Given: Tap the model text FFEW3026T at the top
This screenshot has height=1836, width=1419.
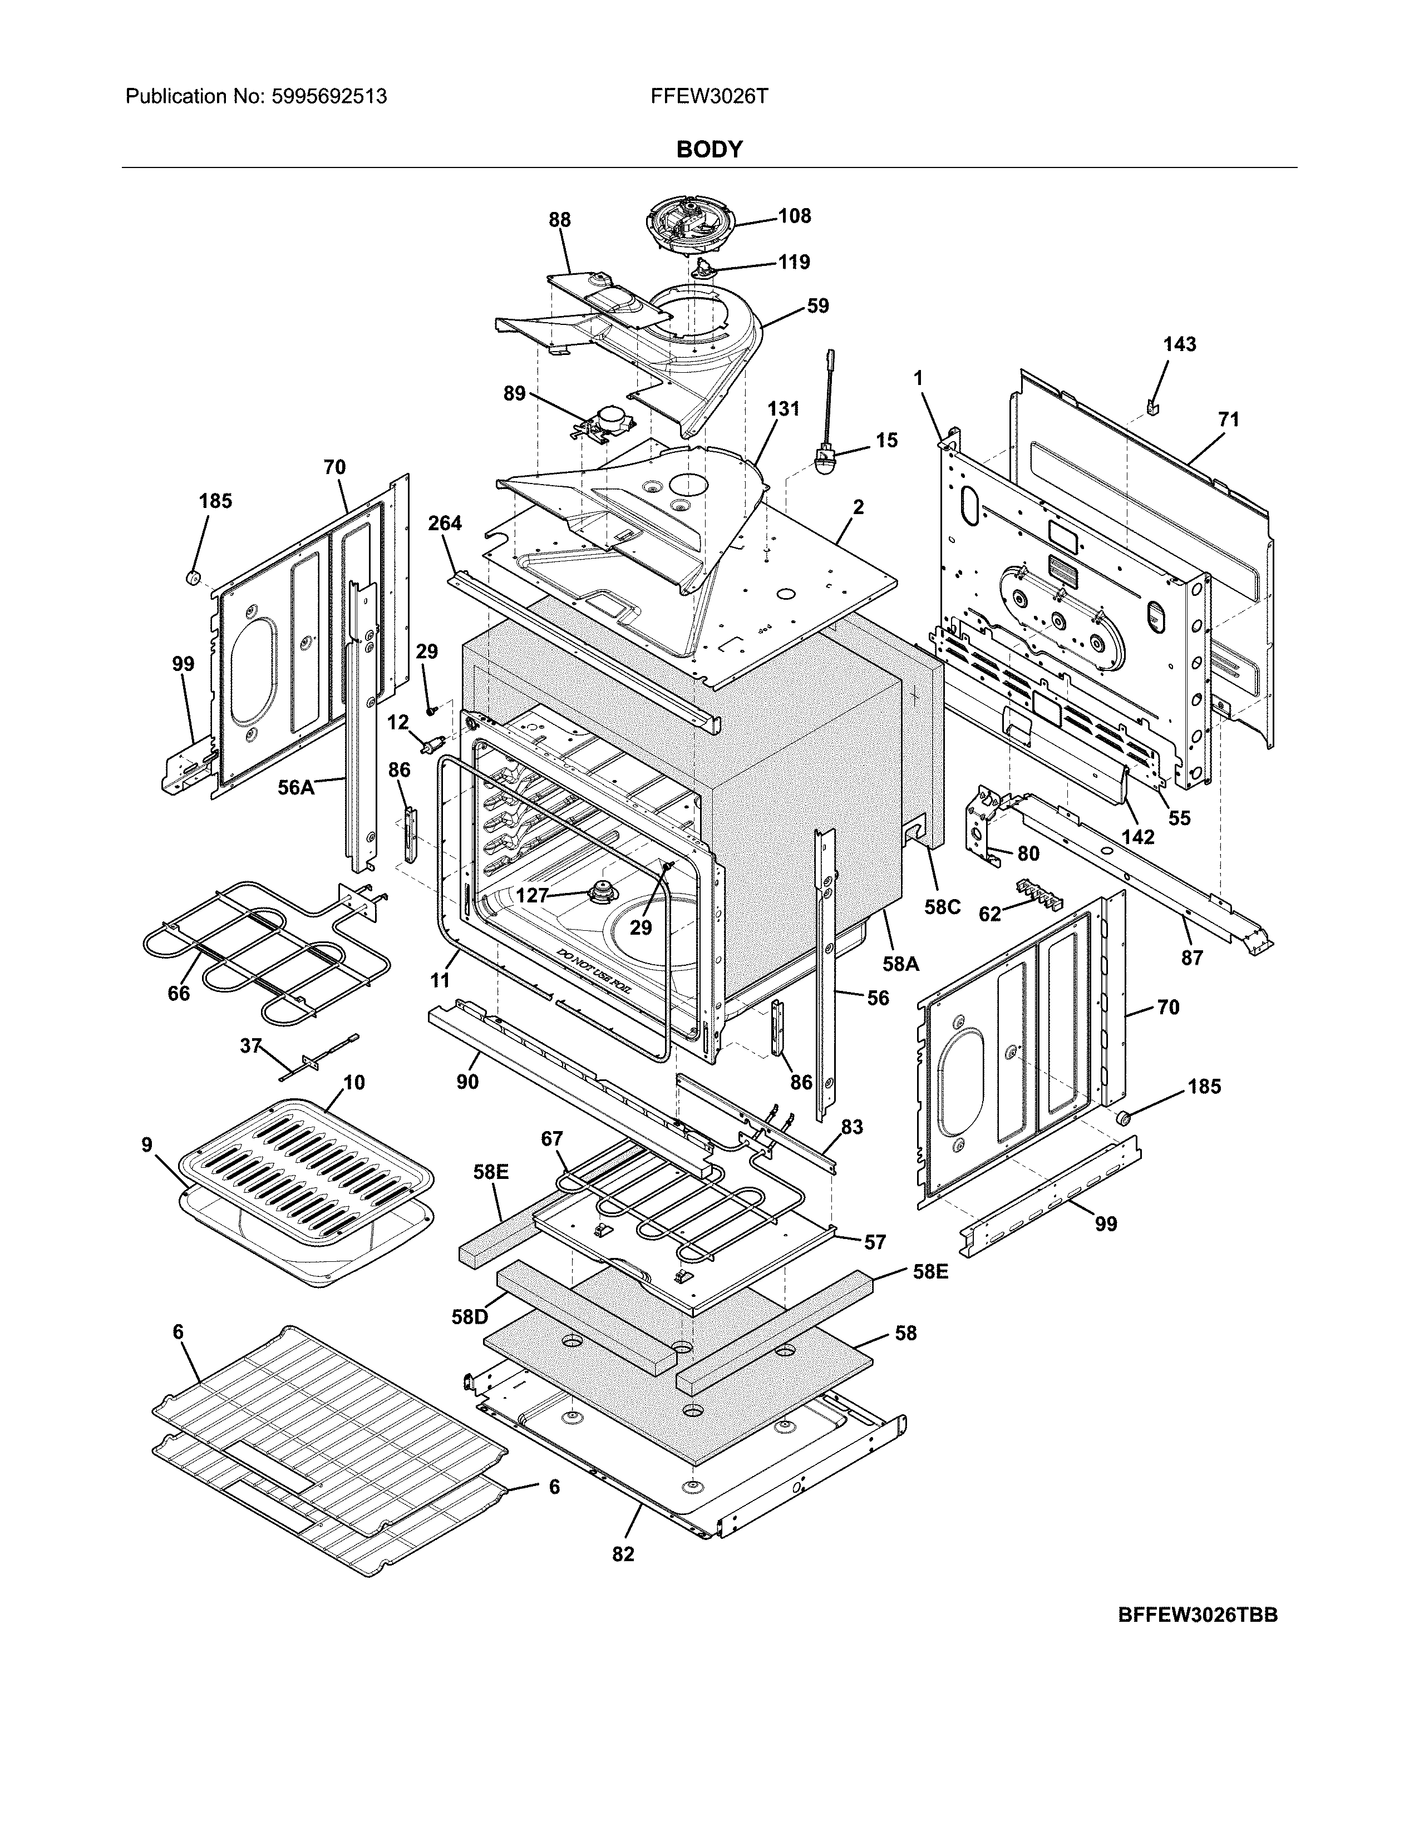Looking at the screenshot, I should [x=708, y=97].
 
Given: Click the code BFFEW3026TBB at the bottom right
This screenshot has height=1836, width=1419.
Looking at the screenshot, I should [x=1197, y=1615].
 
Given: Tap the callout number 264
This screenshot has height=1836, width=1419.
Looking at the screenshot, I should [x=445, y=523].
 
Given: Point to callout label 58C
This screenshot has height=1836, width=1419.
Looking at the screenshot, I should [x=942, y=907].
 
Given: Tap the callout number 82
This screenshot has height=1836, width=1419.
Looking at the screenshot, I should [x=623, y=1554].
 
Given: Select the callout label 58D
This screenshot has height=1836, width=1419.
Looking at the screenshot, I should [x=469, y=1316].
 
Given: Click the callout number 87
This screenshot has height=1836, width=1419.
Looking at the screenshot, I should [x=1192, y=957].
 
